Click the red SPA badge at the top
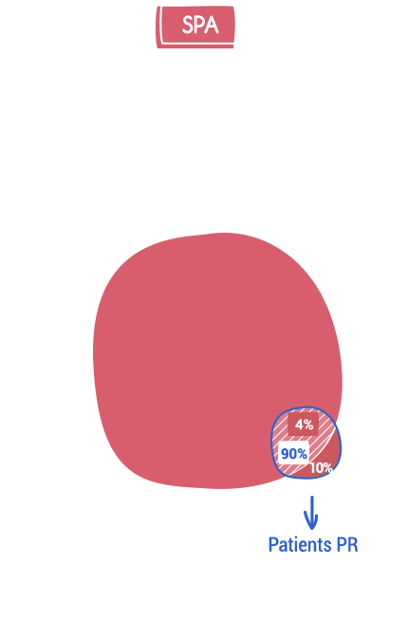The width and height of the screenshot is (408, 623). pos(195,27)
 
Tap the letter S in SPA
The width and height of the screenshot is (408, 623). pos(187,26)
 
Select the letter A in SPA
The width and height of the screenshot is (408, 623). pos(212,26)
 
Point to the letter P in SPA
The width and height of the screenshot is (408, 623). pos(199,26)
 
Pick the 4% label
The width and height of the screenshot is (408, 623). pos(304,425)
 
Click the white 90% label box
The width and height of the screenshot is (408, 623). pos(294,453)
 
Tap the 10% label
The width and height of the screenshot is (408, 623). pos(321,468)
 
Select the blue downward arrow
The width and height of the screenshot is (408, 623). pos(311,513)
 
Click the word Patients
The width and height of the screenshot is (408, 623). pos(300,545)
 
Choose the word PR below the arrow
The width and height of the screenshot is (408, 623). pos(347,545)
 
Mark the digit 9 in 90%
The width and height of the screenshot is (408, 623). pos(285,453)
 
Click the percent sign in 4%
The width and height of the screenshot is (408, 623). pos(309,425)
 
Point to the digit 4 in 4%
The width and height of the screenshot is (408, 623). pos(299,425)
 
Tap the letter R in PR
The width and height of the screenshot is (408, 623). pos(353,545)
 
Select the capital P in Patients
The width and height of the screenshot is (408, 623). pos(273,545)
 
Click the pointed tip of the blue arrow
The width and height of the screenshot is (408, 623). pos(312,530)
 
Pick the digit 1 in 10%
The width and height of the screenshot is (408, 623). pos(313,468)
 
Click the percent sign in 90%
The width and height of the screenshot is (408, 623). pos(302,453)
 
